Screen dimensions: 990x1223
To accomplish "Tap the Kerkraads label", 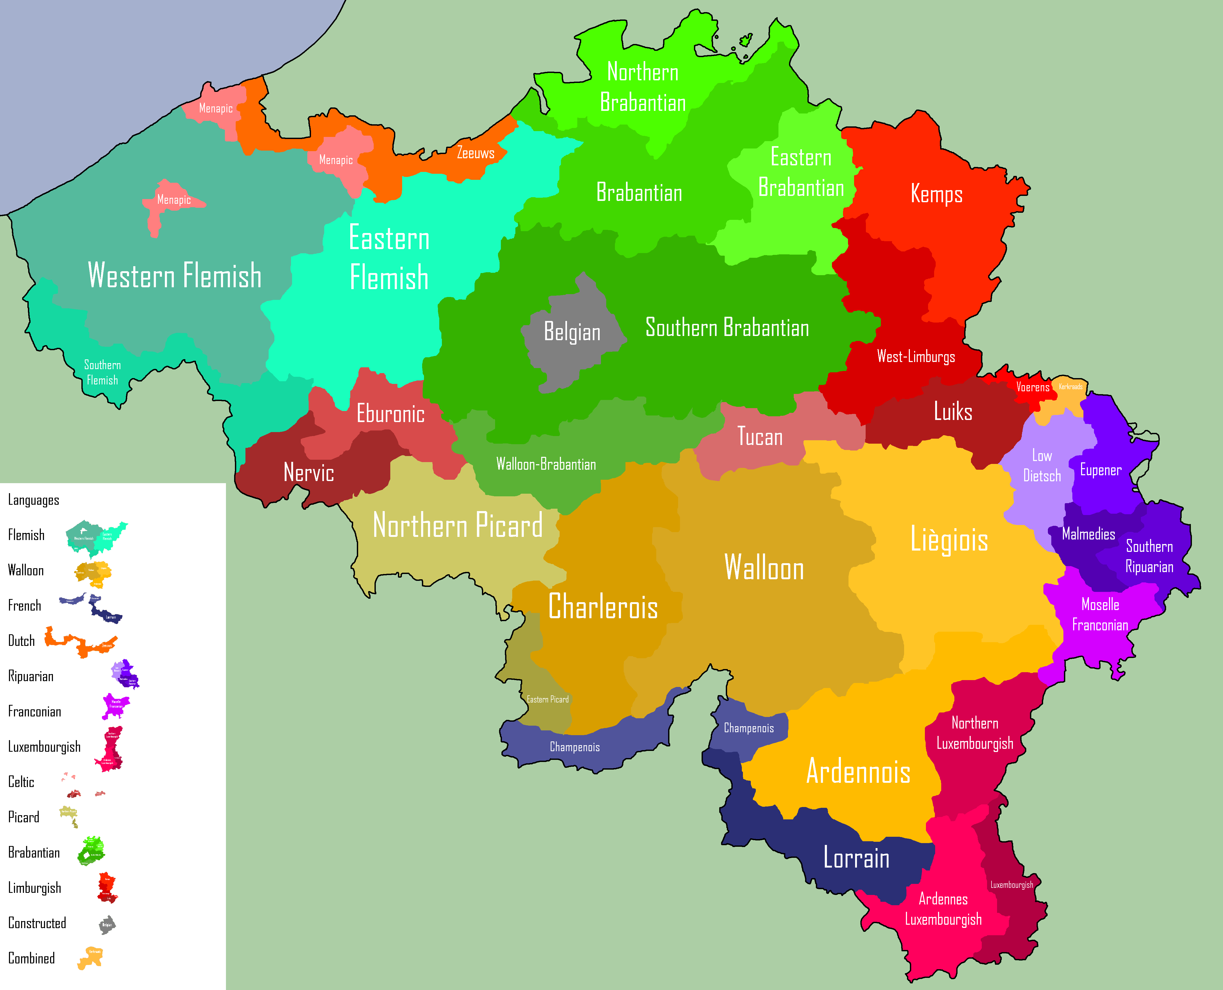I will coord(1070,387).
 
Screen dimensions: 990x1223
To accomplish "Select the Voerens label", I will coord(1033,387).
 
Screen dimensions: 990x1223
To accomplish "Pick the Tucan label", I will coord(760,437).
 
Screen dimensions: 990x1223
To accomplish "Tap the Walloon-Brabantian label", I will coord(546,464).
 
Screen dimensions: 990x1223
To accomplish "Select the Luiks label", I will coord(953,411).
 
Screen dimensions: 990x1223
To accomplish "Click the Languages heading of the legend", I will coord(34,500).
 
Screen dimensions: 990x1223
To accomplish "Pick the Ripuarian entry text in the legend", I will coord(31,676).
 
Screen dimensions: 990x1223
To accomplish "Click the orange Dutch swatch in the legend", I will coord(80,642).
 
